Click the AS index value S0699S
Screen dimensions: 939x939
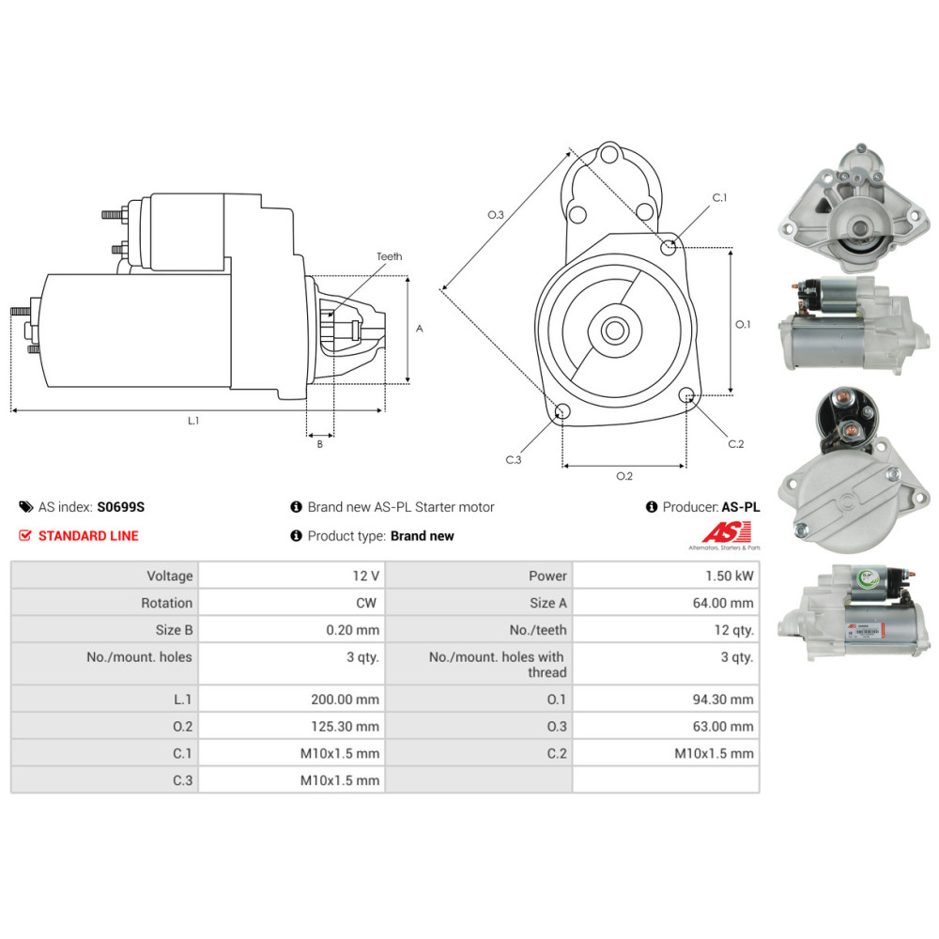point(120,507)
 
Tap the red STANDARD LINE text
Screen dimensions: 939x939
point(88,536)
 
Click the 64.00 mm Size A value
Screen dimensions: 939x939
point(723,603)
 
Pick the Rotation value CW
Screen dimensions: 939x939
point(366,603)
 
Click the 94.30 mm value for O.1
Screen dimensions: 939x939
point(723,700)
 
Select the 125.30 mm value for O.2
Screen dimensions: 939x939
point(345,727)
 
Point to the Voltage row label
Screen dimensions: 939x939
point(169,577)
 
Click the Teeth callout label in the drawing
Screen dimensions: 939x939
point(390,256)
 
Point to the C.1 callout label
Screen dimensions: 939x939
point(719,197)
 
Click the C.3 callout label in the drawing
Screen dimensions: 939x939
point(514,460)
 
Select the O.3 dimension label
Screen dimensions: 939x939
point(495,214)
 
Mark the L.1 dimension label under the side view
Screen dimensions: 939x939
point(192,421)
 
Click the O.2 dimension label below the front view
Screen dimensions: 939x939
point(624,476)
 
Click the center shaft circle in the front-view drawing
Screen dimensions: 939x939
point(614,330)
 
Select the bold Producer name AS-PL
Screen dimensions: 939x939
point(741,507)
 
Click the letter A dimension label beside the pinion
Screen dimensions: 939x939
point(419,328)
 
